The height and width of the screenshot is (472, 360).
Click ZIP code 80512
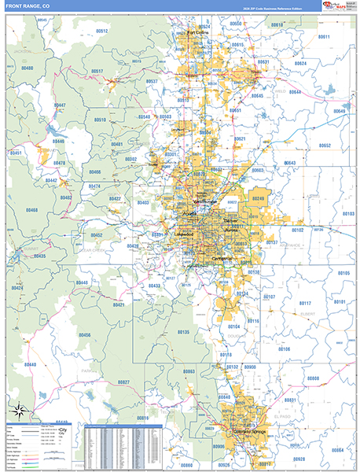click(101, 30)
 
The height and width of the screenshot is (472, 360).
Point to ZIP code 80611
click(324, 37)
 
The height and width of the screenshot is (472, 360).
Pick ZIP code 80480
click(28, 68)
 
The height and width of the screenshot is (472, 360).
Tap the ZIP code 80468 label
click(32, 210)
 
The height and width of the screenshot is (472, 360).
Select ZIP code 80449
click(83, 282)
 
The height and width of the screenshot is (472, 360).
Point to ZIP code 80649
click(339, 112)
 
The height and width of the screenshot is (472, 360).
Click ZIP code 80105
click(343, 272)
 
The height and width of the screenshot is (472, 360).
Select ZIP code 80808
click(313, 378)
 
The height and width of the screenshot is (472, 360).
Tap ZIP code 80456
click(84, 335)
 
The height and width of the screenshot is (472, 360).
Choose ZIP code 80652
click(325, 146)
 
